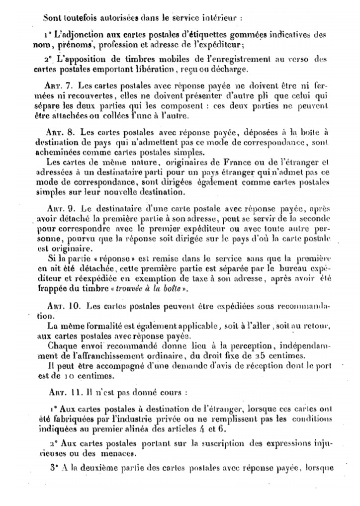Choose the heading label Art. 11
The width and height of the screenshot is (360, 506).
coord(63,392)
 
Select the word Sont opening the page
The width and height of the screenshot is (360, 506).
coord(51,16)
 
